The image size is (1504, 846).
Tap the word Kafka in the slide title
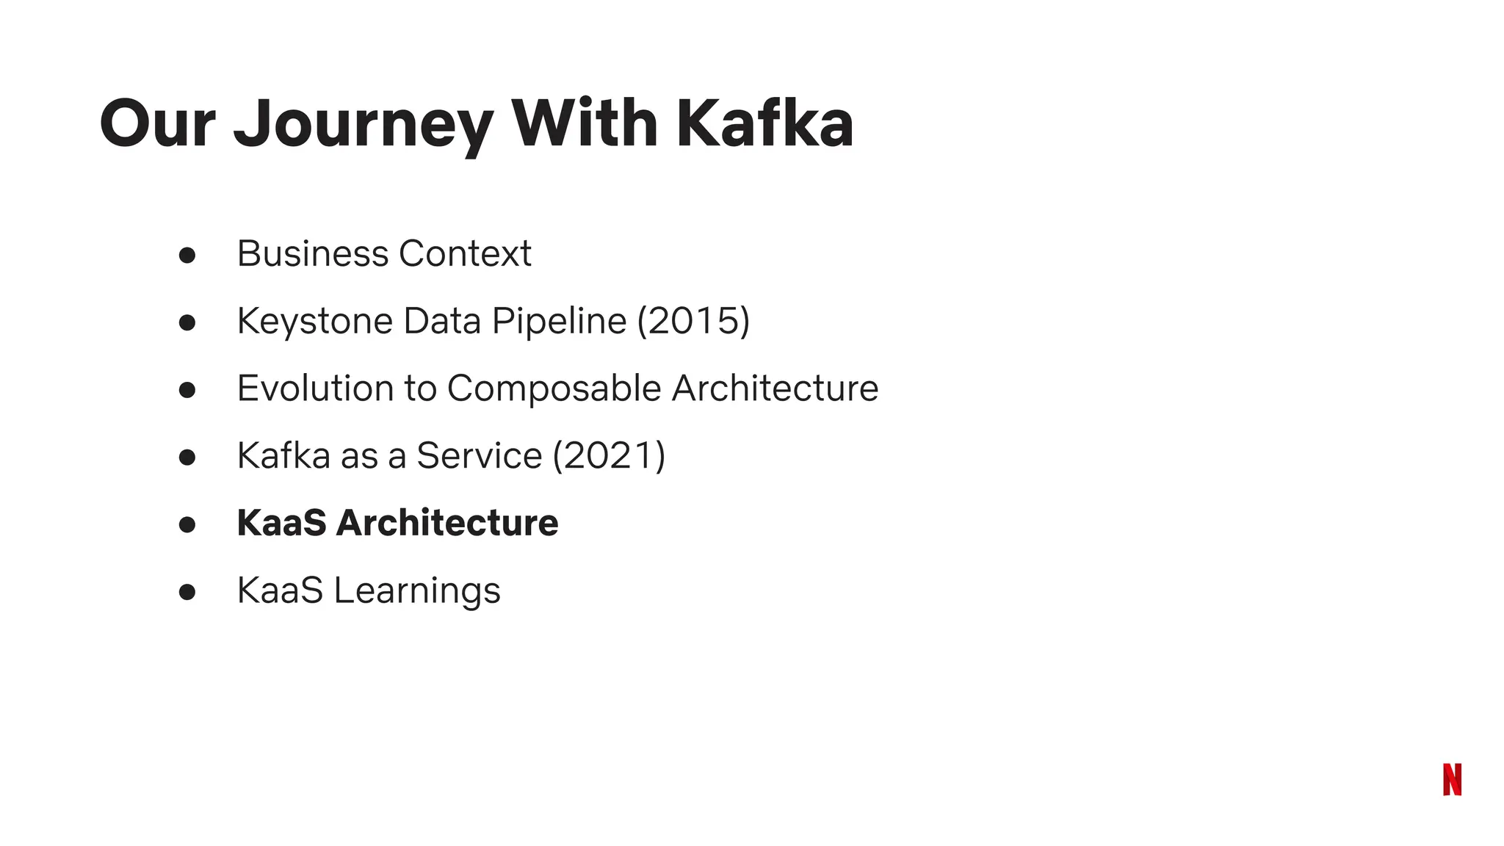coord(764,123)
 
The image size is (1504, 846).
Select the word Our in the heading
coord(157,123)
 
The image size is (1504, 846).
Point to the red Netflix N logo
coord(1452,779)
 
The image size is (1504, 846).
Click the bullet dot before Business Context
coord(187,255)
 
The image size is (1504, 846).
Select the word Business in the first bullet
coord(313,254)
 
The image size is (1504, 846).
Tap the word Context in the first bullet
coord(465,254)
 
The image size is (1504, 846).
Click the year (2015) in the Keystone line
coord(693,321)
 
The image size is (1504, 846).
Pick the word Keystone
coord(315,322)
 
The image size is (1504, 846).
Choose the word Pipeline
coord(559,322)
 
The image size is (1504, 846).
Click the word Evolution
coord(315,388)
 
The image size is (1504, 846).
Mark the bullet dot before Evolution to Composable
coord(187,390)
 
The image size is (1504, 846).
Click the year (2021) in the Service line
coord(609,456)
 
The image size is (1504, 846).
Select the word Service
coord(479,456)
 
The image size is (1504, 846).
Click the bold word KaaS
coord(281,523)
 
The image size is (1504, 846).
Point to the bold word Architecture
coord(447,523)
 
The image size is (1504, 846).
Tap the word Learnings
coord(417,591)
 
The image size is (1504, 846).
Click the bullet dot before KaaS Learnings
coord(187,592)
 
